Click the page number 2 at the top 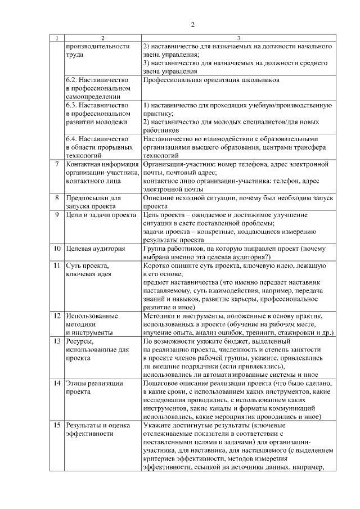(192, 25)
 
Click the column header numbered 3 (238, 38)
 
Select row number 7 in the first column (57, 164)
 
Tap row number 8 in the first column (57, 199)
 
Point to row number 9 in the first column (57, 215)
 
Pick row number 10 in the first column (57, 247)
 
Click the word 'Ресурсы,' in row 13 (79, 341)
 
